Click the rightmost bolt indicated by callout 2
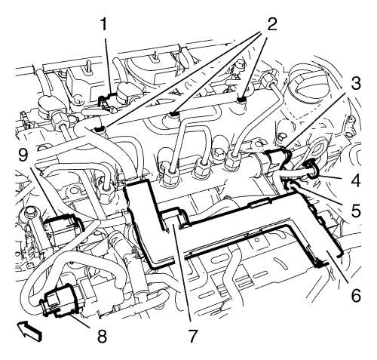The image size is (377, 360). (244, 97)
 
